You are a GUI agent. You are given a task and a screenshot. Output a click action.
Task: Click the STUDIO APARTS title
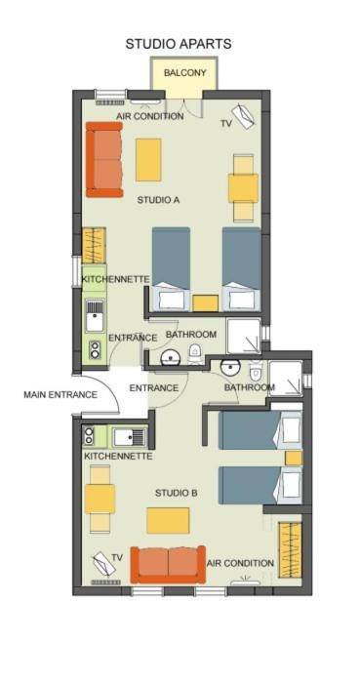coord(179,44)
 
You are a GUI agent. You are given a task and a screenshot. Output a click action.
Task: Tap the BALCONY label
coord(184,73)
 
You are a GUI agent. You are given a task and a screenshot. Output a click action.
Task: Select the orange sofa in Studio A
coord(104,159)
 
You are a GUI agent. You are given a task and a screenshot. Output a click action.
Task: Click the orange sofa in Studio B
coord(168,564)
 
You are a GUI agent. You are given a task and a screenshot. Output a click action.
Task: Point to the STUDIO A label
coord(158,200)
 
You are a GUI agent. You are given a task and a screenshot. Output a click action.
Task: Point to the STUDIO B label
coord(177,493)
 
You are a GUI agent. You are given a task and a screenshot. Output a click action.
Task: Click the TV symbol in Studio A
coord(243,116)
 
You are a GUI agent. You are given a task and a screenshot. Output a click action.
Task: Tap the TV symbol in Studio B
coord(104,563)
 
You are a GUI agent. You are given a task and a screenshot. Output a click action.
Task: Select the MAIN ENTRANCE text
coord(60,395)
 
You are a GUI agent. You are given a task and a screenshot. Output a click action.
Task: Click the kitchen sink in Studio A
coord(95,316)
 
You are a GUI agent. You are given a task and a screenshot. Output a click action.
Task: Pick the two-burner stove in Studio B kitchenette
coord(89,435)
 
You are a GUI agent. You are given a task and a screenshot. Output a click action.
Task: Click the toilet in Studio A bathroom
coord(195,353)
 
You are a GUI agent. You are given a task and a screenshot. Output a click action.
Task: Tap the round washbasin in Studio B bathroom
coord(230,368)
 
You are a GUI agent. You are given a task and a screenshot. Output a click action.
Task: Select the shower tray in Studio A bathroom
coord(244,337)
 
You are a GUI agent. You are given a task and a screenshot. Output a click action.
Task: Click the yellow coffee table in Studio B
coord(168,520)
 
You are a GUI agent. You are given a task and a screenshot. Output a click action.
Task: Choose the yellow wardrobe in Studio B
coord(290,550)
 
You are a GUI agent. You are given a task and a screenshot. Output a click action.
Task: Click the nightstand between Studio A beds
coord(206,303)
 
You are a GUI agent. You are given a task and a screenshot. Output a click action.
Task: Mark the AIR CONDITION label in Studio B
coord(240,563)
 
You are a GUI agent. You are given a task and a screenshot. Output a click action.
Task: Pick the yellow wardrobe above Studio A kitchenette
coord(94,245)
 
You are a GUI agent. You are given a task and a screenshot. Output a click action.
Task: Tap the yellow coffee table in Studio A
coord(148,160)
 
